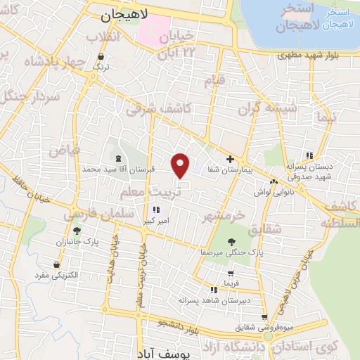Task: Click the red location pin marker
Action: click(181, 165)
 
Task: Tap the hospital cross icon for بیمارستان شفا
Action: click(230, 160)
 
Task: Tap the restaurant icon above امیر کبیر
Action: click(156, 210)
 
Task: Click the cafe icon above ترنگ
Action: click(103, 56)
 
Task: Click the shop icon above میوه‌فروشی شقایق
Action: click(264, 316)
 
